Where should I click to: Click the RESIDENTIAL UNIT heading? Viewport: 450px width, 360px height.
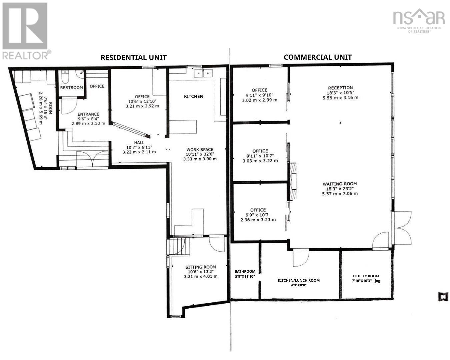coord(134,58)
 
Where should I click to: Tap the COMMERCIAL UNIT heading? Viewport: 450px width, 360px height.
coord(318,57)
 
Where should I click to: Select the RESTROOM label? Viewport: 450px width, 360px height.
coord(72,87)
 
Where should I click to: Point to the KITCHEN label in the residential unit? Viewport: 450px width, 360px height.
coord(193,96)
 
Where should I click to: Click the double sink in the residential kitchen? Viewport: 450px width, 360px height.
coord(203,73)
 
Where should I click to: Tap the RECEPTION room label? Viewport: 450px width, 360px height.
coord(340,88)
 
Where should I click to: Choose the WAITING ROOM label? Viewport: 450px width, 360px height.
coord(340,184)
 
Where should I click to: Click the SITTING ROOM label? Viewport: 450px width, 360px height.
coord(201,267)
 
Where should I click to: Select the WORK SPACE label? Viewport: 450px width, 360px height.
coord(200,150)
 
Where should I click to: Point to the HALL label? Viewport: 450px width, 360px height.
coord(139,143)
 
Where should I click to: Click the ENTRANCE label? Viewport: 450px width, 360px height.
coord(88,114)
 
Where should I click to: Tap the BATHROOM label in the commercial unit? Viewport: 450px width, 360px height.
coord(245,272)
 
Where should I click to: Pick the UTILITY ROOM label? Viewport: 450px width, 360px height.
coord(366,276)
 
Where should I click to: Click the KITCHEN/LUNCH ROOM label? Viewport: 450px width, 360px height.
coord(299,281)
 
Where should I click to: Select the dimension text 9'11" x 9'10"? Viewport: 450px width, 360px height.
coord(260,95)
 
